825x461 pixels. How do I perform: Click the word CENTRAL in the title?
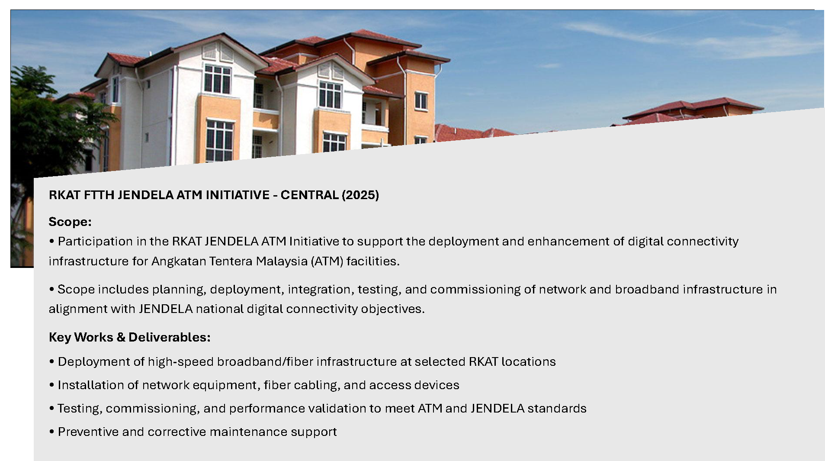[309, 195]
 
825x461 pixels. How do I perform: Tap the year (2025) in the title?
[360, 195]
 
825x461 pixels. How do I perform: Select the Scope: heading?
[70, 222]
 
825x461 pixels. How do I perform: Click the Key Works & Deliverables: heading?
[130, 337]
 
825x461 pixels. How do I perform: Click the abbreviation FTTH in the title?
[99, 195]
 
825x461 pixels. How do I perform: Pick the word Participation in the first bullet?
[95, 242]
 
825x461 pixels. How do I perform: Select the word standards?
[557, 409]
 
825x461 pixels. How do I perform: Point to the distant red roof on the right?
[692, 108]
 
